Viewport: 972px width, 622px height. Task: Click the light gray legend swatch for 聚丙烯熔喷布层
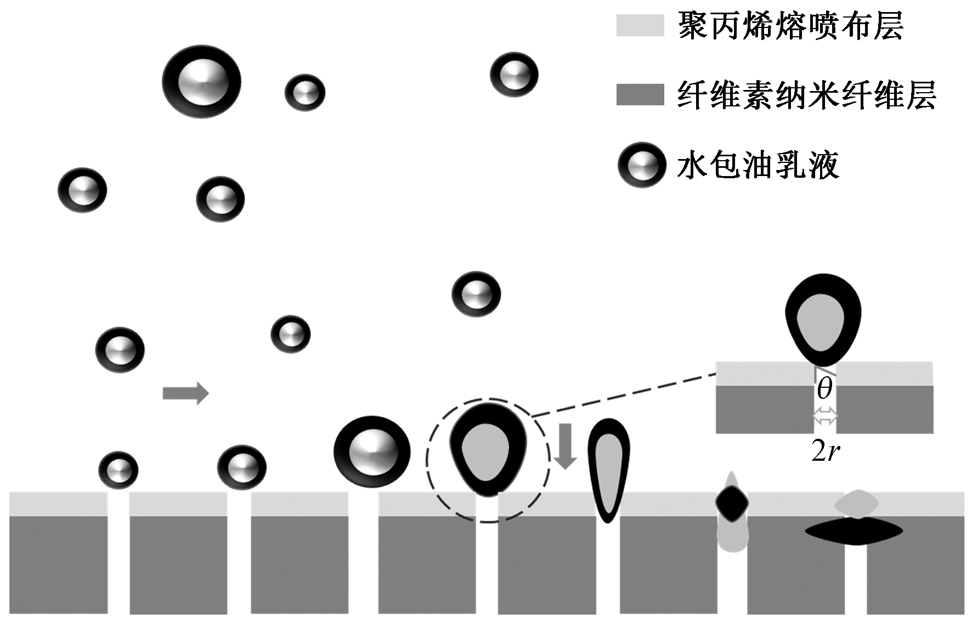tap(640, 25)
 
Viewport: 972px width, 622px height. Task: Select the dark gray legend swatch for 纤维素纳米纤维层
tap(640, 94)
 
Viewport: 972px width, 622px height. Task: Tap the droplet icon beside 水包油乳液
tap(641, 165)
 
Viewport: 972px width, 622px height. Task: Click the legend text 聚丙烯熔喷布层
tap(790, 26)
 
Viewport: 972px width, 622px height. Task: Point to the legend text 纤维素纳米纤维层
tap(806, 95)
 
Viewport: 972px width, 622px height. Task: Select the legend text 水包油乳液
tap(758, 165)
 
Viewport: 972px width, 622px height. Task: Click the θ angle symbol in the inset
tap(824, 389)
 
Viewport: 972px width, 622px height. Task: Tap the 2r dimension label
tap(826, 451)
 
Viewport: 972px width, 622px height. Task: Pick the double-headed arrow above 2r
tap(825, 416)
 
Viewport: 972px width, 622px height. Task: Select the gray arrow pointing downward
tap(564, 446)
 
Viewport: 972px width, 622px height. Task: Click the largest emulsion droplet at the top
tap(201, 82)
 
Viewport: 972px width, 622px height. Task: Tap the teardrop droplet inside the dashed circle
tap(488, 449)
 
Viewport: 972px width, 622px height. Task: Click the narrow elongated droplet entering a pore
tap(608, 469)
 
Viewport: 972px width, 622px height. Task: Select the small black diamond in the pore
tap(732, 502)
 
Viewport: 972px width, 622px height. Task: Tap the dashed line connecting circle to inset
tap(624, 395)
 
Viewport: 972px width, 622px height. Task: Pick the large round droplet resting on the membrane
tap(372, 451)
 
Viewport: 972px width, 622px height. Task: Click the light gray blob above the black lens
tap(856, 502)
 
